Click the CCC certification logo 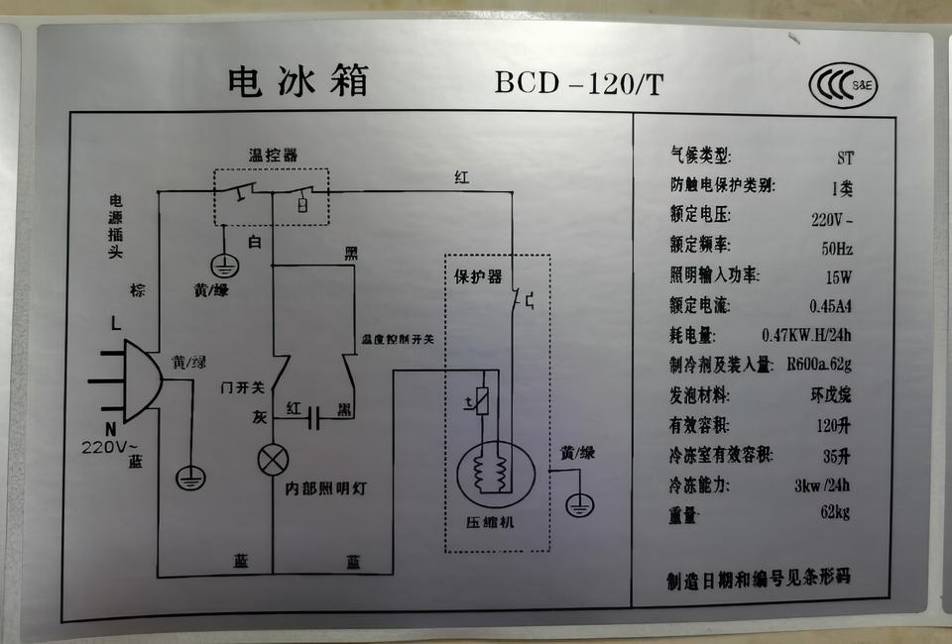[843, 85]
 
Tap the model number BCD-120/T [579, 83]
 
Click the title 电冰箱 [297, 81]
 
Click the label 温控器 [272, 156]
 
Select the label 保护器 [478, 274]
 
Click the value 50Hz [837, 248]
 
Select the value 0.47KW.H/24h [806, 336]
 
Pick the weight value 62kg [836, 513]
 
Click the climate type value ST [845, 158]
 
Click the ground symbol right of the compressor [579, 505]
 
